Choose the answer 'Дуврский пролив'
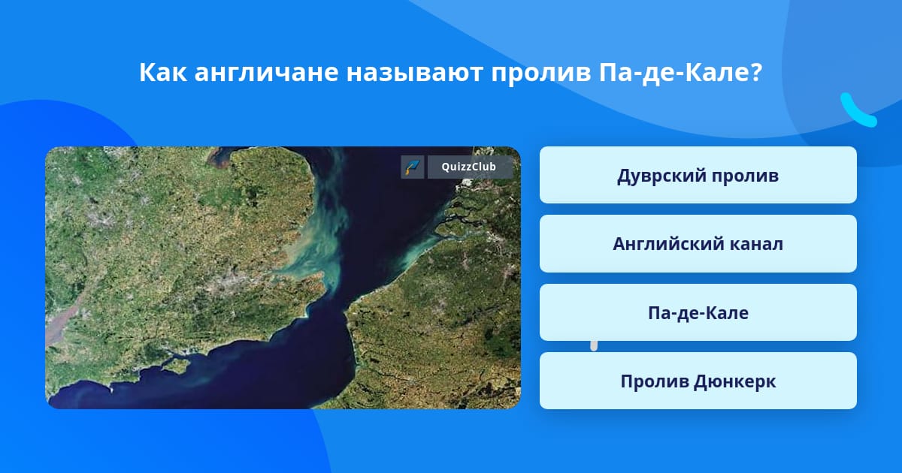coord(698,175)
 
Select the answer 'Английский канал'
coord(698,244)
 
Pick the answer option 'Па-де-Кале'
coord(698,312)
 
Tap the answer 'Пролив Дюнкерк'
coord(698,381)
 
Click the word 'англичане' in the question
coord(266,73)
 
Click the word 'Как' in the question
coord(163,72)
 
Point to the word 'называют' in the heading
coord(414,74)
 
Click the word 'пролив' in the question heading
coord(540,74)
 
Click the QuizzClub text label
coord(468,167)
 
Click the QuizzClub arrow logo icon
coord(413,167)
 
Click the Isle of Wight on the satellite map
coord(176,365)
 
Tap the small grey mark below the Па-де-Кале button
coord(594,346)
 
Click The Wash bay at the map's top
coord(219,156)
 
